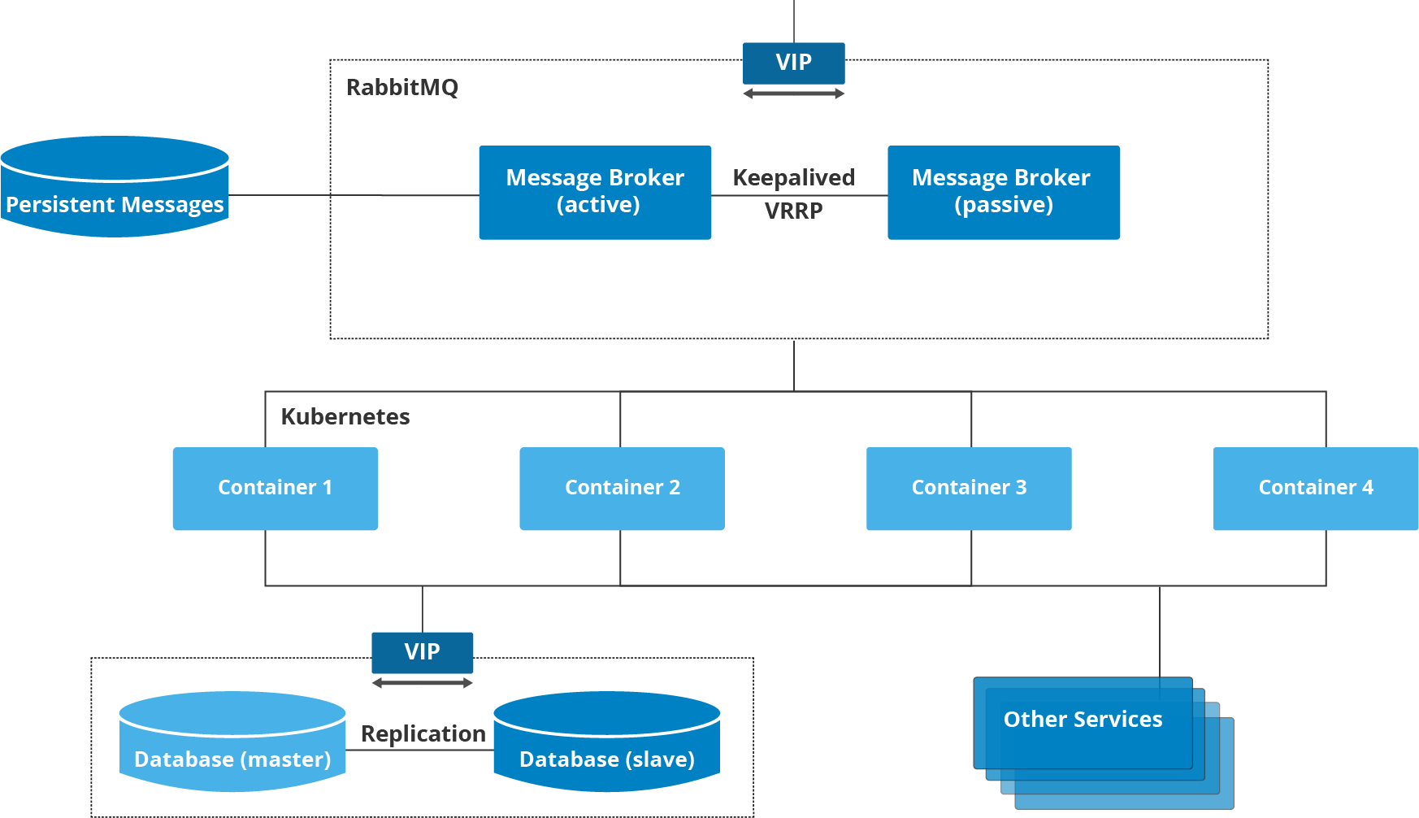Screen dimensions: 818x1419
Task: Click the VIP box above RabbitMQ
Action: pos(793,63)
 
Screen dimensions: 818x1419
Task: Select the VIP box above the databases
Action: pos(422,652)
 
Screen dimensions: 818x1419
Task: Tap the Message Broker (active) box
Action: pos(595,192)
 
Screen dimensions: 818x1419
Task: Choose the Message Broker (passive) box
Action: pos(1003,192)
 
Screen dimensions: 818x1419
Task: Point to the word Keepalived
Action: pos(793,177)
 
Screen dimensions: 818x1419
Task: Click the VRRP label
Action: pos(793,211)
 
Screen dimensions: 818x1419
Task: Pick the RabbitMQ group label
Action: pos(402,87)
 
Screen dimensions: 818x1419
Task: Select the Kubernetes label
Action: pos(345,416)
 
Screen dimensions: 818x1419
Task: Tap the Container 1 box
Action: pos(275,488)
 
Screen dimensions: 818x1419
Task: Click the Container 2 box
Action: pos(622,488)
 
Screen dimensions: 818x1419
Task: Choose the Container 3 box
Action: pos(969,488)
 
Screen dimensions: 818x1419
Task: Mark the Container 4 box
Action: pos(1315,488)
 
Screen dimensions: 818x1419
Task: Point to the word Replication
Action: pos(423,733)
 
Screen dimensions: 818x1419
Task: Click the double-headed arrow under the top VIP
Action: pos(793,94)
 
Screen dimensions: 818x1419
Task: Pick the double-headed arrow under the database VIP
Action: pos(422,683)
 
